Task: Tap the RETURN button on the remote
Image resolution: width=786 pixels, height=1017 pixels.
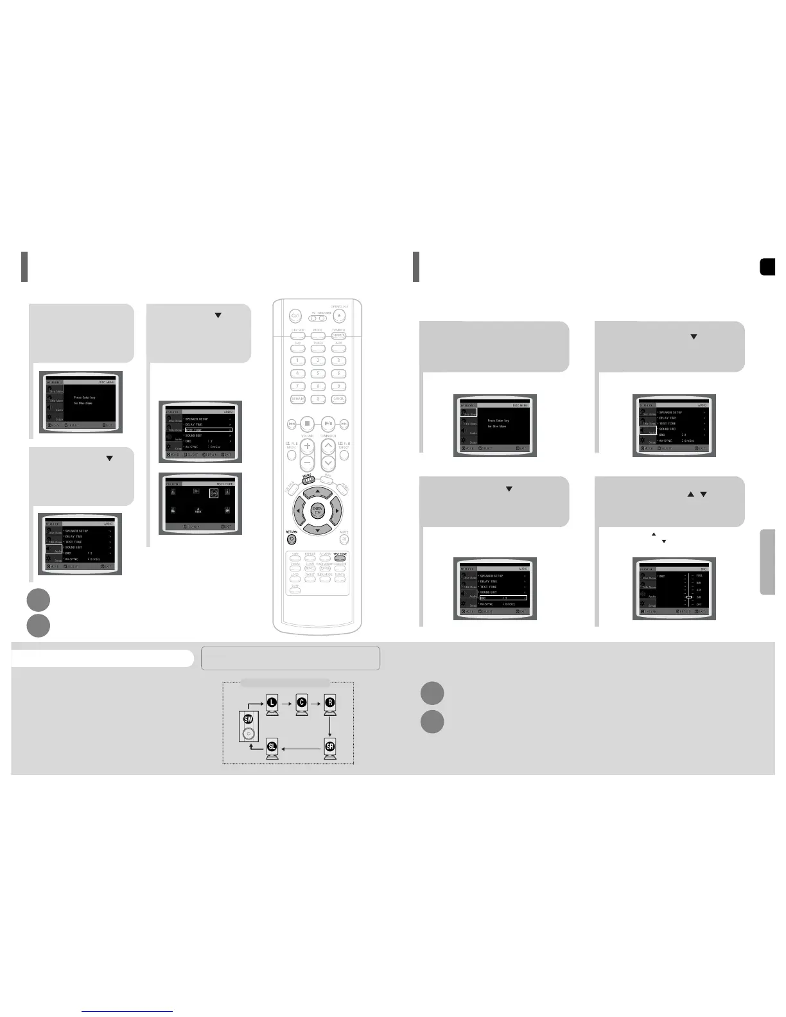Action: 292,539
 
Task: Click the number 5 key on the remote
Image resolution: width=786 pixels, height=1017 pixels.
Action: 318,373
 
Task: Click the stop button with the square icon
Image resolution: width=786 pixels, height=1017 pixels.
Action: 308,424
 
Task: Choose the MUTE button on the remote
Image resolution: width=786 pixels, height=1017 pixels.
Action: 344,539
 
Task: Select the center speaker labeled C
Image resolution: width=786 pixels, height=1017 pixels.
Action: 301,704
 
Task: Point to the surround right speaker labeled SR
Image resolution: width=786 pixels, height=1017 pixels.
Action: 329,749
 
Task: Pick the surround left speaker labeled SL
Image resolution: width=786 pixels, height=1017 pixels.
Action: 272,749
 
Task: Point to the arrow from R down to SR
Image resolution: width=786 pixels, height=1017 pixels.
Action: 329,726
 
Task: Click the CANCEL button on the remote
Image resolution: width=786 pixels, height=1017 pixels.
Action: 338,399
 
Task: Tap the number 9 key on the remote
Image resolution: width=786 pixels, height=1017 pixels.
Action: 338,386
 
